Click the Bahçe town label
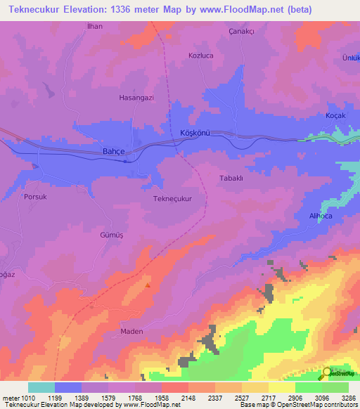tap(113, 151)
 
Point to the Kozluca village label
tap(201, 55)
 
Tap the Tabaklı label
tap(231, 178)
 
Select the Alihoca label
tap(324, 216)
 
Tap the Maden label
tap(131, 331)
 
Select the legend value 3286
tap(349, 397)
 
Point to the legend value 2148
tap(188, 397)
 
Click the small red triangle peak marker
tap(148, 285)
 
